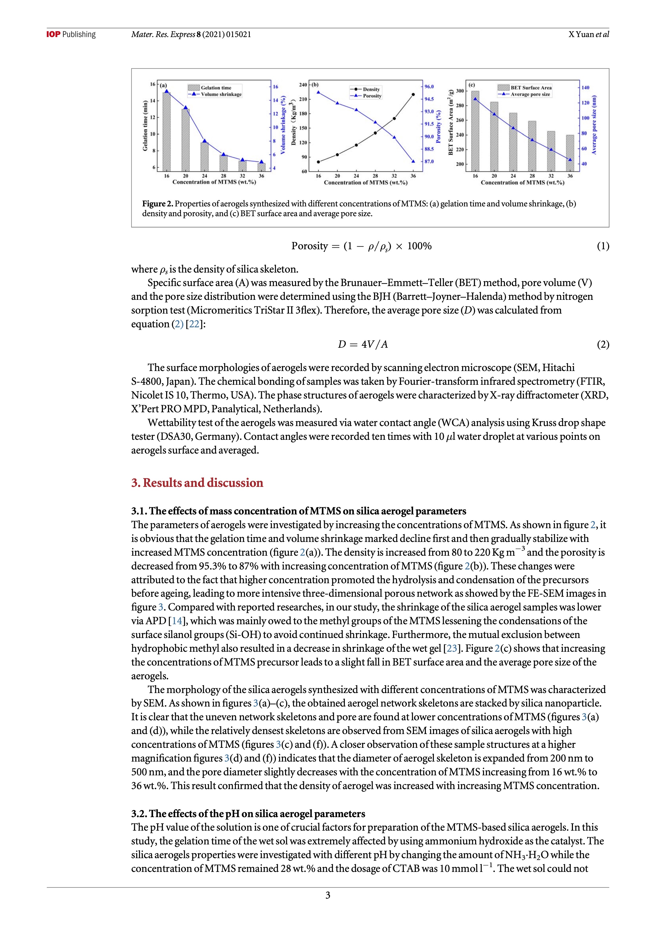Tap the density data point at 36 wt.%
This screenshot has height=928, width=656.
413,94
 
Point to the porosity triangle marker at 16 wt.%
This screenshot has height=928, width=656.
318,92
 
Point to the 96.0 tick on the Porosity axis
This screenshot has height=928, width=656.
429,87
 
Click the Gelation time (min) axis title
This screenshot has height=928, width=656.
145,126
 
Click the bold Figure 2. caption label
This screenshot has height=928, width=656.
158,204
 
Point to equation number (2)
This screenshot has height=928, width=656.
603,344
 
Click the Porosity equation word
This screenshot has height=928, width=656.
309,246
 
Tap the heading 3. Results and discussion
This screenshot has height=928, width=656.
197,483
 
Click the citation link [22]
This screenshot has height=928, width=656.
194,324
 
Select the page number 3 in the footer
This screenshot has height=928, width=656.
327,895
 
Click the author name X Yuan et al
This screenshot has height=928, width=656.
589,34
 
